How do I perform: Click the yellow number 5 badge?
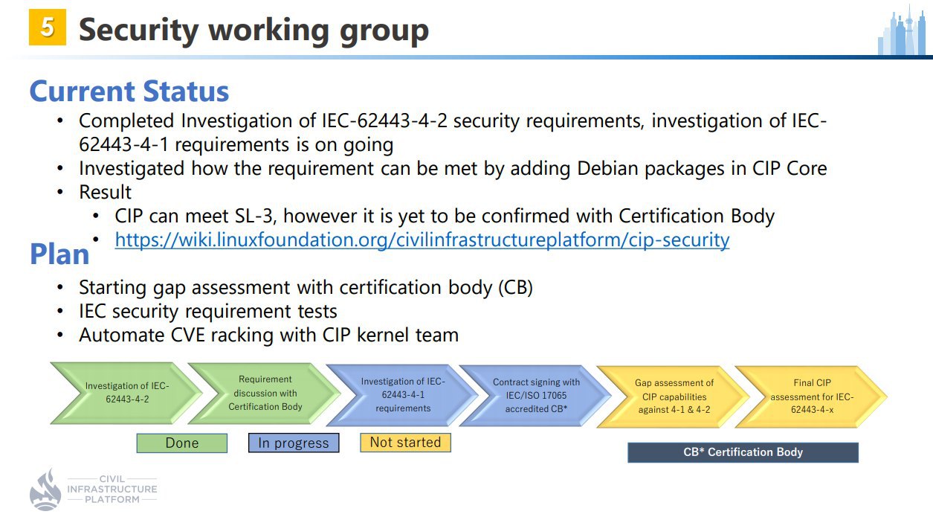pyautogui.click(x=47, y=28)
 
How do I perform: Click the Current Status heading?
pyautogui.click(x=129, y=92)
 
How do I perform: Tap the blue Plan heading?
pyautogui.click(x=59, y=254)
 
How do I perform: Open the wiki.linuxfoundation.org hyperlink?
pyautogui.click(x=422, y=240)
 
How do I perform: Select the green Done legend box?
pyautogui.click(x=182, y=443)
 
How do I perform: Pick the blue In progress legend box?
pyautogui.click(x=293, y=443)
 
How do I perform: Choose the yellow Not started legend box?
pyautogui.click(x=405, y=443)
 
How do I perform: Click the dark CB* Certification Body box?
pyautogui.click(x=743, y=452)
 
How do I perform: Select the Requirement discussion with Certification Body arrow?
pyautogui.click(x=265, y=393)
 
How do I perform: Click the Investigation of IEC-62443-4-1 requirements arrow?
pyautogui.click(x=402, y=395)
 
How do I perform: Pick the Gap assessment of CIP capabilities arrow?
pyautogui.click(x=674, y=397)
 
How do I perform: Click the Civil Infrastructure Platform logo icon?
pyautogui.click(x=45, y=489)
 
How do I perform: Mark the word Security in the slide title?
pyautogui.click(x=141, y=31)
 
